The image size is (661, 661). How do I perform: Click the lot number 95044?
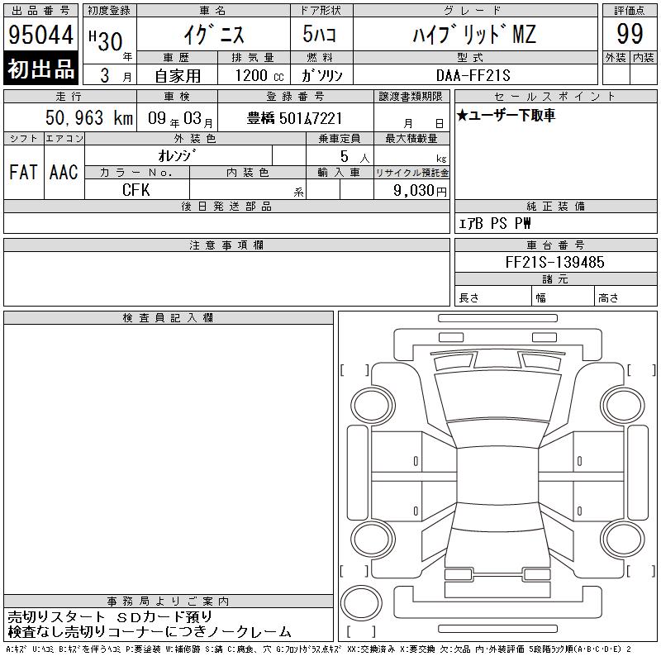point(40,35)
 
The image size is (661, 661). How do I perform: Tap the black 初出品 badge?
point(40,69)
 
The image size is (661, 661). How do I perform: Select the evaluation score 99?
point(630,34)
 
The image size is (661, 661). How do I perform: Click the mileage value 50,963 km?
point(89,118)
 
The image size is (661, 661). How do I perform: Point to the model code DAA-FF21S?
point(473,75)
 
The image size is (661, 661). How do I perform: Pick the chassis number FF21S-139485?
point(554,262)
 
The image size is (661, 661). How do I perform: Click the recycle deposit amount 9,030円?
point(420,191)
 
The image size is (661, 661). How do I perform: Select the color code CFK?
point(136,190)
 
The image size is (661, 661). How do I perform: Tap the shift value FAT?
point(23,172)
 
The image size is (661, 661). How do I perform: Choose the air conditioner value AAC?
point(64,172)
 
